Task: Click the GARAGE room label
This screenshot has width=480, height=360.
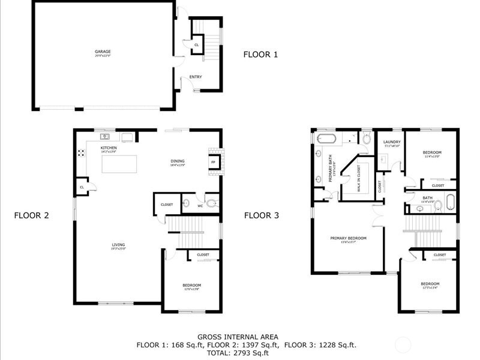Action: click(102, 52)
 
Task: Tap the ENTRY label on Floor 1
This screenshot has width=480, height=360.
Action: click(196, 77)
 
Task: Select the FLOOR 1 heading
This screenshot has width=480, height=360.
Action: click(260, 55)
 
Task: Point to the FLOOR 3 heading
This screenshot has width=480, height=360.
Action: click(262, 215)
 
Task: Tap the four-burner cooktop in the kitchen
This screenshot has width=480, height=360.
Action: click(80, 152)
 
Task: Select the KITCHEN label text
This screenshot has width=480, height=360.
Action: click(109, 148)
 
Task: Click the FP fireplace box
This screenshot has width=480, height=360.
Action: click(213, 162)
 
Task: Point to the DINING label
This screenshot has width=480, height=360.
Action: click(177, 161)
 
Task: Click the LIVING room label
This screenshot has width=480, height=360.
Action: click(118, 245)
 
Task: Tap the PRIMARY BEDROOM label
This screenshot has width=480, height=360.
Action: click(348, 238)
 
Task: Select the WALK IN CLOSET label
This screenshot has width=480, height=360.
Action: click(359, 178)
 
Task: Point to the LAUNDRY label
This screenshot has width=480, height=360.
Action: click(392, 142)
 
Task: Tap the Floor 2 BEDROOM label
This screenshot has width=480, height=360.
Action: click(192, 285)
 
